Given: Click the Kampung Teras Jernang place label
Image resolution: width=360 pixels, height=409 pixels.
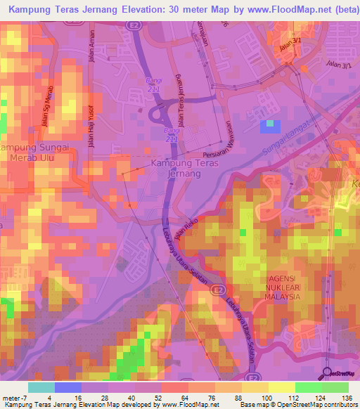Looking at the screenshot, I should [185, 169].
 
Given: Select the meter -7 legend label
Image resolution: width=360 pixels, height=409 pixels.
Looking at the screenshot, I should [15, 398].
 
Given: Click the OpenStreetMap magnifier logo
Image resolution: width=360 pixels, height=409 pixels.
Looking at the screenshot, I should [328, 372].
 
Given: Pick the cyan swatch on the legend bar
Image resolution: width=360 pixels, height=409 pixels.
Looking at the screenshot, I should [41, 387].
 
